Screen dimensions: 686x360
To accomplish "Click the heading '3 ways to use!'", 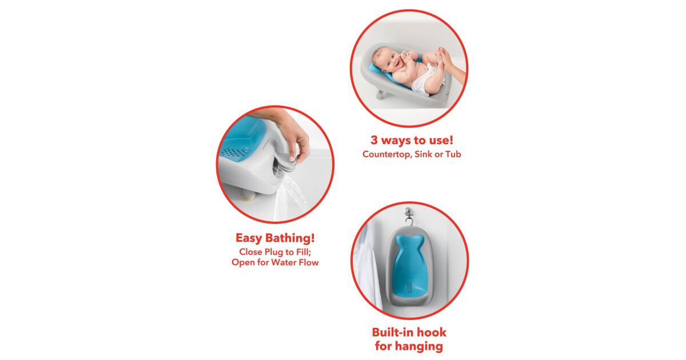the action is (412, 140).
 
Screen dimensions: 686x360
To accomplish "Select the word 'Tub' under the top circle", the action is (453, 154).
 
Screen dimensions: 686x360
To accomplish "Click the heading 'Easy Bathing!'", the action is (275, 238).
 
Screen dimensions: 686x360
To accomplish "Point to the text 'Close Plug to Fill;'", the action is (275, 251).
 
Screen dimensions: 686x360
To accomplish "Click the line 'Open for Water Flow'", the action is (275, 262).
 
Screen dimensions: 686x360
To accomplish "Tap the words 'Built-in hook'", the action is (409, 332).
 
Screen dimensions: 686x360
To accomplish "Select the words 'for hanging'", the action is (409, 346).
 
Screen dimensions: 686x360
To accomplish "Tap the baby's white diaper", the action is (427, 79).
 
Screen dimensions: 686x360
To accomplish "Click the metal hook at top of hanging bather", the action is (409, 215).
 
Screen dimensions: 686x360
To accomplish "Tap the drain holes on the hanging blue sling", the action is (409, 286).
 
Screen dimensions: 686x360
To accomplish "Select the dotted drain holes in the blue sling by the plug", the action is (234, 152).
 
